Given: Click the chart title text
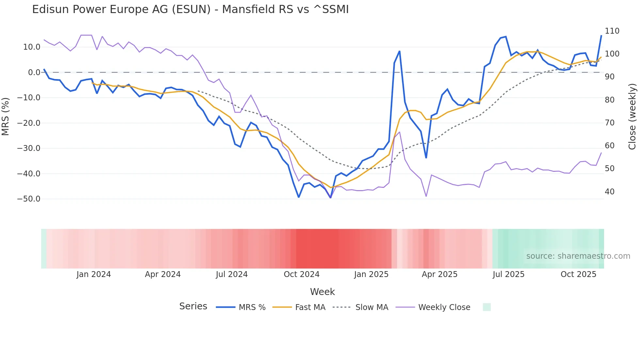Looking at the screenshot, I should click(x=190, y=9).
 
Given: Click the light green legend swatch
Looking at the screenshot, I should click(x=487, y=307).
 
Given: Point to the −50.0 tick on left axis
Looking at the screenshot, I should click(x=29, y=199).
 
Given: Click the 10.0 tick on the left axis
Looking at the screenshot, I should click(x=32, y=47).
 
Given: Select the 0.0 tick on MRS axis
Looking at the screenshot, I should click(x=34, y=73).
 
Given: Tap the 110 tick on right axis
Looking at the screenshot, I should click(x=612, y=31).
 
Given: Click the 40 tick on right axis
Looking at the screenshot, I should click(x=609, y=192).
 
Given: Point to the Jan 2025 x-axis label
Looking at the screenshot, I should click(x=371, y=274).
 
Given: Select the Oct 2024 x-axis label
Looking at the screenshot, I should click(x=301, y=274).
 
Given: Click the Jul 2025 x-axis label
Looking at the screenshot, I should click(x=508, y=274).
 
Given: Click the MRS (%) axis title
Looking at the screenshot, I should click(x=6, y=116).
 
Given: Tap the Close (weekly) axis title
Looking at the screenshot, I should click(x=632, y=116).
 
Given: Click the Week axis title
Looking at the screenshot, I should click(x=322, y=292).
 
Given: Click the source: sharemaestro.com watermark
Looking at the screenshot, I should click(x=578, y=256).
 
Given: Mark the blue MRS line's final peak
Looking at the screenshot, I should click(x=601, y=36).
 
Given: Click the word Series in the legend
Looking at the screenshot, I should click(x=193, y=306).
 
